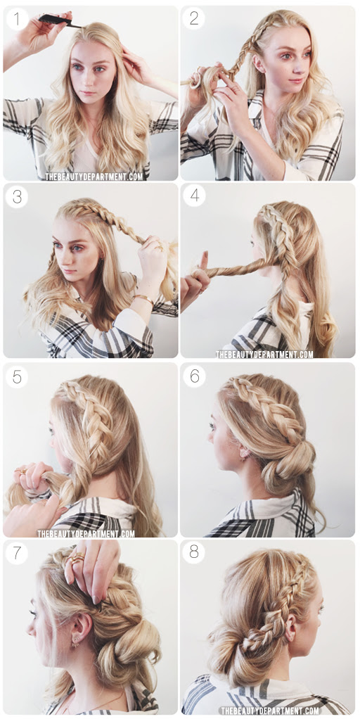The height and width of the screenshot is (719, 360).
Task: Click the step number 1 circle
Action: pyautogui.click(x=17, y=19)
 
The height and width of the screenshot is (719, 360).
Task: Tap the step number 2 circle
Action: pyautogui.click(x=194, y=18)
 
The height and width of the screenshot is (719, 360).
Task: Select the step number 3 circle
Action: pyautogui.click(x=17, y=196)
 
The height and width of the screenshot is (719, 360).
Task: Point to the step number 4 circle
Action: pyautogui.click(x=195, y=196)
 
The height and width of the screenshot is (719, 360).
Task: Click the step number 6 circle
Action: pyautogui.click(x=195, y=376)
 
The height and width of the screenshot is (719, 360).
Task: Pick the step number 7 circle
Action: pyautogui.click(x=17, y=552)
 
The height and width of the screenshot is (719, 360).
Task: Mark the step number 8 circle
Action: pyautogui.click(x=194, y=552)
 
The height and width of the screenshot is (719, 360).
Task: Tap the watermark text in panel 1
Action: pyautogui.click(x=94, y=177)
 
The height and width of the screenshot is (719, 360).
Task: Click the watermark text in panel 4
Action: pyautogui.click(x=265, y=354)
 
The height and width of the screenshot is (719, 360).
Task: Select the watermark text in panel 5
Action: pyautogui.click(x=86, y=533)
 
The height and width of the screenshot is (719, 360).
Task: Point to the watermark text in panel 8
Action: pyautogui.click(x=270, y=711)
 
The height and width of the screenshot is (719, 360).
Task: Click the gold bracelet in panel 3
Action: pyautogui.click(x=143, y=298)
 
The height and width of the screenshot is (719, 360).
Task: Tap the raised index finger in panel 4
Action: pyautogui.click(x=203, y=261)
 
